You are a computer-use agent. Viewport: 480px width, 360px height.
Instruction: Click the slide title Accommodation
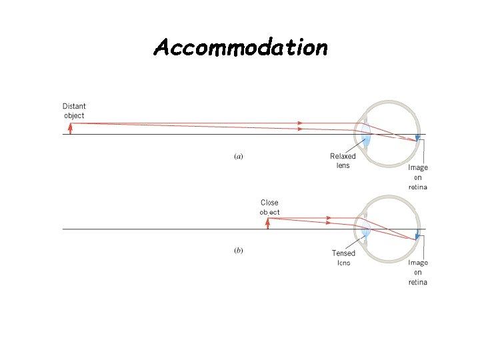click(x=240, y=47)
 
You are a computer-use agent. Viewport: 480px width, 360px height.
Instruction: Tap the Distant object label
click(x=74, y=111)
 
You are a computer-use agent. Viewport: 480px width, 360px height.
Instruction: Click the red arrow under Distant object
click(x=70, y=128)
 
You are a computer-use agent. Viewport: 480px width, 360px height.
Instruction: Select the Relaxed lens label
click(x=343, y=161)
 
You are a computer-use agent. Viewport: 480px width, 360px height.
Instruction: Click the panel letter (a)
click(x=238, y=157)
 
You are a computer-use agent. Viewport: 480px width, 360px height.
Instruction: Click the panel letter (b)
click(x=238, y=251)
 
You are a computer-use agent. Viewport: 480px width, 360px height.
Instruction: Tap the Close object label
click(x=269, y=207)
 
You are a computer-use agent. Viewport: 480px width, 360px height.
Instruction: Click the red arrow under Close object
click(x=267, y=223)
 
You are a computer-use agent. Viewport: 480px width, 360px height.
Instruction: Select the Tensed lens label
click(x=343, y=257)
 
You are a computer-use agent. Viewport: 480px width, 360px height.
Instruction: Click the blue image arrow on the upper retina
click(x=417, y=139)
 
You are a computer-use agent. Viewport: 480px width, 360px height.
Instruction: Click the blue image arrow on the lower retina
click(x=417, y=235)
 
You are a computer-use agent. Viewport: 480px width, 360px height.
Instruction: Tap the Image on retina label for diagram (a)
click(x=418, y=177)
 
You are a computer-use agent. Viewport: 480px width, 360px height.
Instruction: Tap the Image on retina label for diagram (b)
click(x=418, y=273)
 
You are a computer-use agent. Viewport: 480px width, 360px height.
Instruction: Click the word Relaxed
click(x=343, y=157)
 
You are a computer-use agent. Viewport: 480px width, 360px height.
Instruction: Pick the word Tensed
click(x=343, y=253)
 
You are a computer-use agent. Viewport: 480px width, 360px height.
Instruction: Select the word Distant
click(x=74, y=106)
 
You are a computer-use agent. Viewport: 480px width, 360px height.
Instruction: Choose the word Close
click(x=269, y=203)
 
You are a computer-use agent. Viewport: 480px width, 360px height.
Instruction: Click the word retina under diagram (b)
click(x=418, y=282)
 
